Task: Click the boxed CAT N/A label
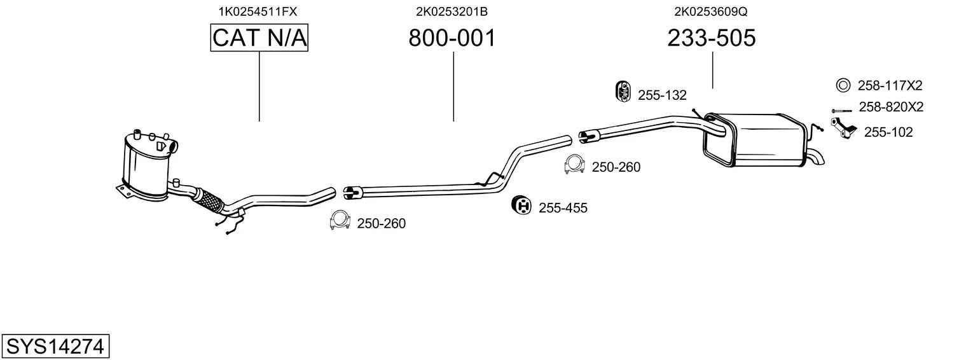pyautogui.click(x=259, y=38)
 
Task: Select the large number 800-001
pyautogui.click(x=452, y=39)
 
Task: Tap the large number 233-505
pyautogui.click(x=712, y=39)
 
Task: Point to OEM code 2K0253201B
pyautogui.click(x=452, y=11)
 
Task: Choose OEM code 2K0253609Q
pyautogui.click(x=710, y=11)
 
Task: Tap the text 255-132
pyautogui.click(x=662, y=95)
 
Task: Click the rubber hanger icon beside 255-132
pyautogui.click(x=623, y=92)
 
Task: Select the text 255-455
pyautogui.click(x=563, y=208)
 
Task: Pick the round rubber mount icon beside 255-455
pyautogui.click(x=521, y=205)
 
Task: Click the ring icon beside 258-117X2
pyautogui.click(x=843, y=85)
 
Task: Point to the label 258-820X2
pyautogui.click(x=890, y=107)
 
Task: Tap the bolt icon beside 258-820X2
pyautogui.click(x=841, y=111)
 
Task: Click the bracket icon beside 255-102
pyautogui.click(x=842, y=127)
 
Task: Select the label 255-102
pyautogui.click(x=888, y=132)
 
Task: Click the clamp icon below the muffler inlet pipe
pyautogui.click(x=574, y=165)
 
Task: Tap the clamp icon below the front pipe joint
pyautogui.click(x=340, y=220)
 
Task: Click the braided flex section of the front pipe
pyautogui.click(x=209, y=199)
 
